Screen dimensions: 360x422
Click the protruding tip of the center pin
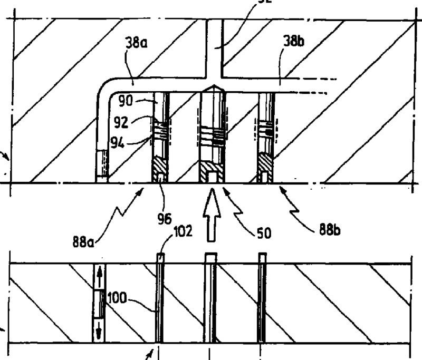pos(210,257)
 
